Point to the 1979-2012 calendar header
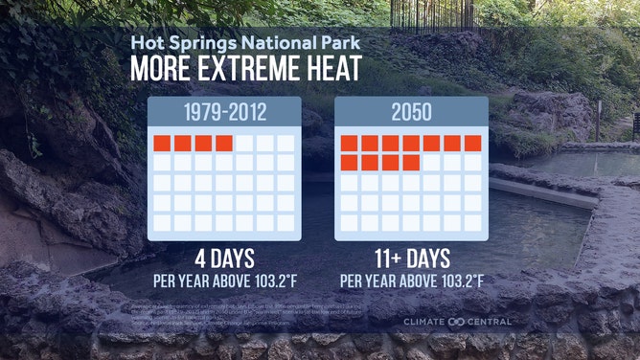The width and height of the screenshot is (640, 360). point(224,112)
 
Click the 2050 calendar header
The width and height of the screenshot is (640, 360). point(411,112)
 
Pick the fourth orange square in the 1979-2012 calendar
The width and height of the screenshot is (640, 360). point(224,144)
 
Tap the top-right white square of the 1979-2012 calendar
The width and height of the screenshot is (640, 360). point(286,144)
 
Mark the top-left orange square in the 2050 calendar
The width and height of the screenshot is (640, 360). point(350,144)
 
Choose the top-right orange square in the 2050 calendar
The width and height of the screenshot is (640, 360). point(472,144)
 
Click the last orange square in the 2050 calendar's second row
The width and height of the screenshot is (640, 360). point(411,163)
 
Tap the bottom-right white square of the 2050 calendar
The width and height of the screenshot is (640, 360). point(472,222)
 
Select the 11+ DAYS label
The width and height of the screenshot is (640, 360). point(411,259)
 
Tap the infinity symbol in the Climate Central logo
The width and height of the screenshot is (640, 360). point(459,322)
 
